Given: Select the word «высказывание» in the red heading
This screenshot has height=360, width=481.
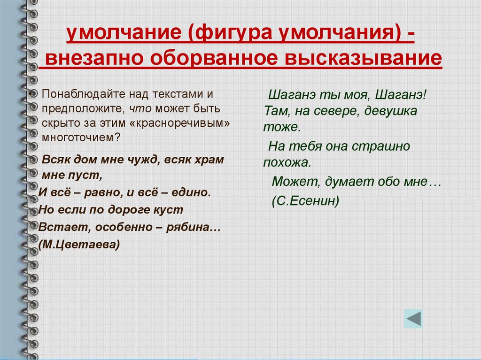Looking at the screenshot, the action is click(363, 58).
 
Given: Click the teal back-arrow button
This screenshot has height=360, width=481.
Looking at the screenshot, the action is click(413, 319).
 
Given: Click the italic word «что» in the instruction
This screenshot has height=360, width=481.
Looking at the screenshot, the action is click(140, 108).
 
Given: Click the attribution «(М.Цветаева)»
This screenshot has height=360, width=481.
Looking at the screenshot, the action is click(79, 245).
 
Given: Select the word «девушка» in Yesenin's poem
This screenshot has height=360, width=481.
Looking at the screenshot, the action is click(391, 111).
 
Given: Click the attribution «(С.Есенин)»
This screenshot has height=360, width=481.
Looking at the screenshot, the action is click(305, 201).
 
